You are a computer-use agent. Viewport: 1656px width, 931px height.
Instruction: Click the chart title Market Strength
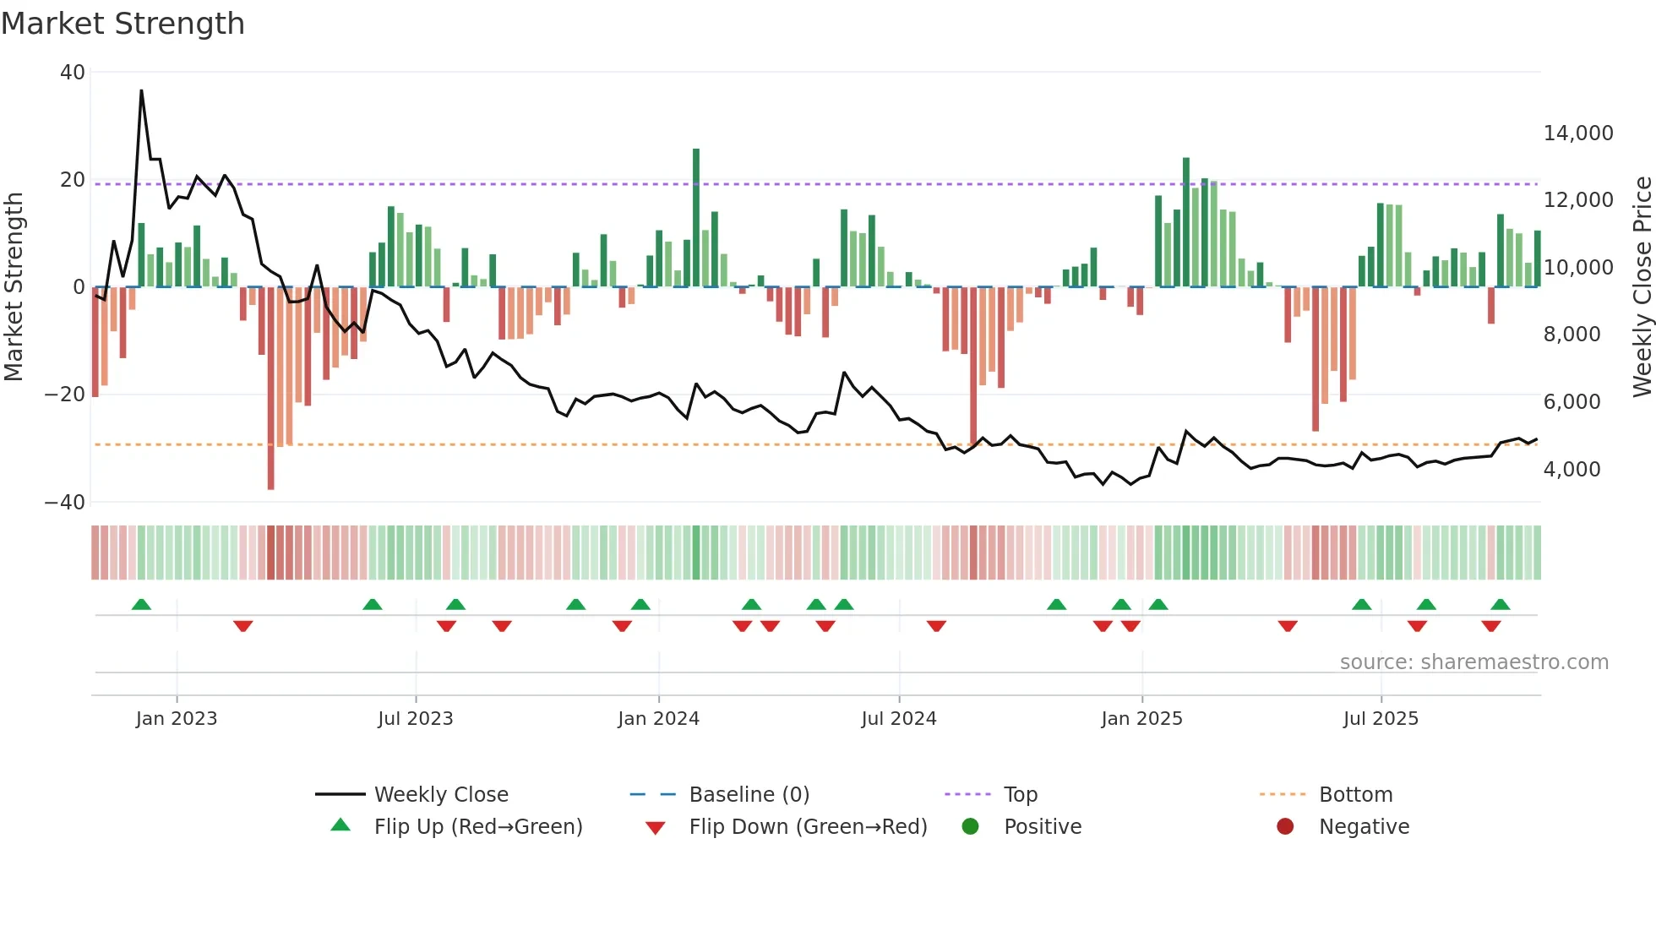pos(123,24)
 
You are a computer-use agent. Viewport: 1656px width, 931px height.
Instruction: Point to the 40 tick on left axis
pos(73,73)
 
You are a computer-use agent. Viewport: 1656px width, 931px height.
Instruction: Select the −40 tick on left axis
pos(65,503)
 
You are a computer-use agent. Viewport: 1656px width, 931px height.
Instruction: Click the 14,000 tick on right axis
pos(1577,133)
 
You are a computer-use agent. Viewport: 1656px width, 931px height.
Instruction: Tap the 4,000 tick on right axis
pos(1572,470)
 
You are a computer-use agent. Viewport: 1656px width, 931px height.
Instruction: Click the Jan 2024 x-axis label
pos(658,719)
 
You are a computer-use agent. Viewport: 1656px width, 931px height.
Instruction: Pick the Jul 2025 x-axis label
pos(1381,719)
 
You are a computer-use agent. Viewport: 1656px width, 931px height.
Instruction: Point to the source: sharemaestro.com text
pos(1474,662)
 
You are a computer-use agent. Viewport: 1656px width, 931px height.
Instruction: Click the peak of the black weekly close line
pos(141,90)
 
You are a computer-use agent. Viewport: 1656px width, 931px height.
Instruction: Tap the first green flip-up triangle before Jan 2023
pos(141,605)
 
